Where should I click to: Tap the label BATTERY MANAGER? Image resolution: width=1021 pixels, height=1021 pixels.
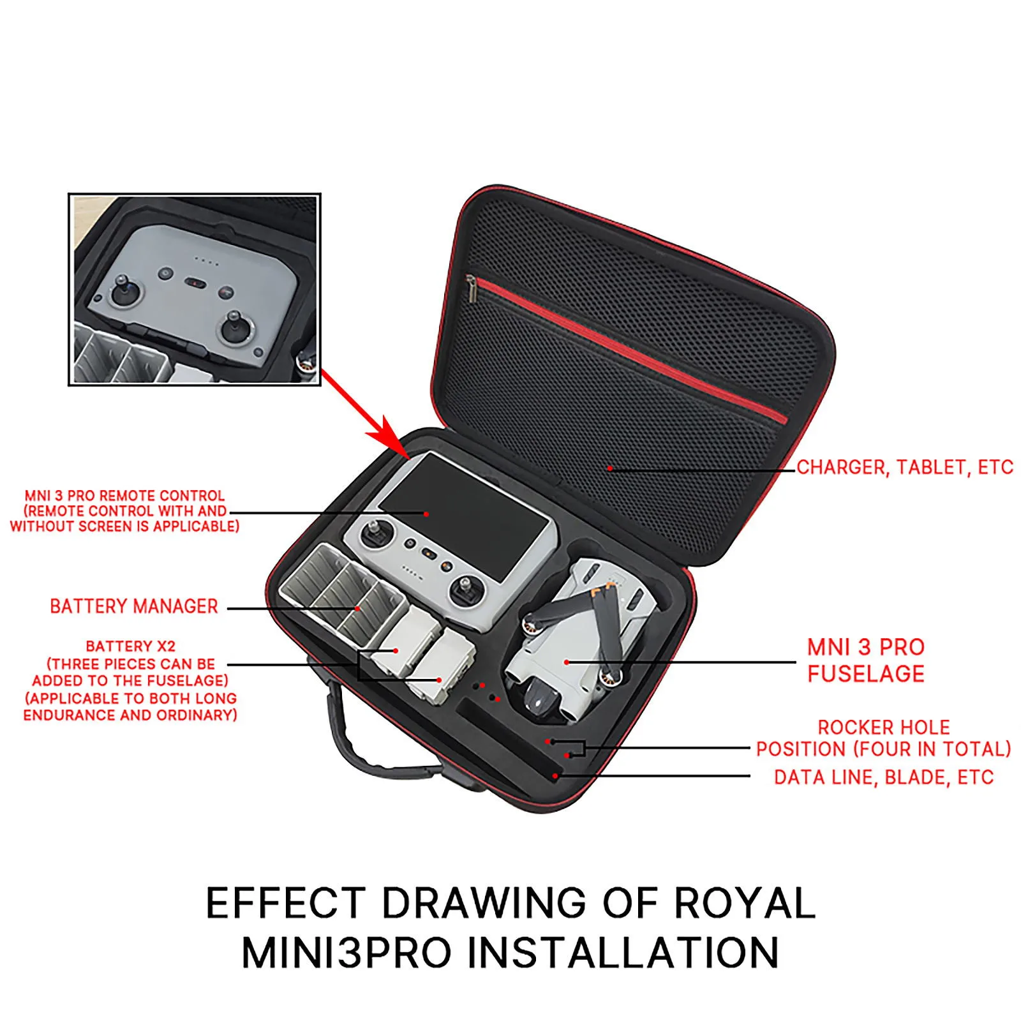coord(134,606)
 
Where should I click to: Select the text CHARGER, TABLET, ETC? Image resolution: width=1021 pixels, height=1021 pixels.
coord(905,467)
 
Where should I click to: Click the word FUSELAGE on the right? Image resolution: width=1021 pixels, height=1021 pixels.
coord(866,674)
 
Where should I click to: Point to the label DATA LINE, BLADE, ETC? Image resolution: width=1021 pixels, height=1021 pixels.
coord(884,777)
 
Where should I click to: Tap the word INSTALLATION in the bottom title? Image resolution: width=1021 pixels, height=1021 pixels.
coord(623,952)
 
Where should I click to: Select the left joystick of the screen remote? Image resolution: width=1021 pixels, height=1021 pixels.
coord(375,535)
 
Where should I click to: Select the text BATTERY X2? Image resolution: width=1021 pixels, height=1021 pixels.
coord(131,646)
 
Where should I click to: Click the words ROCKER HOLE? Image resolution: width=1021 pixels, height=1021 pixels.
coord(884,727)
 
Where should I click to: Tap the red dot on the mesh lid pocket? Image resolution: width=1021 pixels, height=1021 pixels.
coord(610,468)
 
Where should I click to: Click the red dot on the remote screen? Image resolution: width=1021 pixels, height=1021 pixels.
coord(426,512)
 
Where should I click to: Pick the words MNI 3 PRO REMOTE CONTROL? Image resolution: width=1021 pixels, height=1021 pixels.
coord(124,496)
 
